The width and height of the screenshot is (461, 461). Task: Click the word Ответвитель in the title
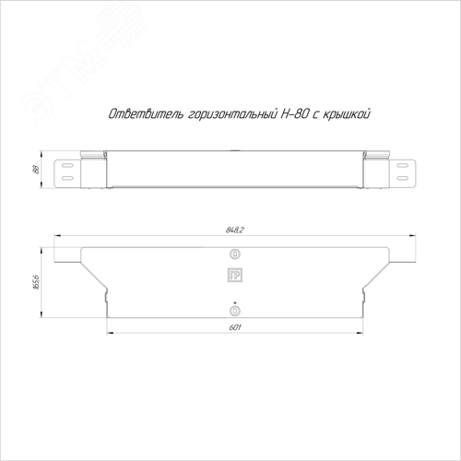tap(147, 114)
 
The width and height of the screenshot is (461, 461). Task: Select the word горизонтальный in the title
tap(231, 114)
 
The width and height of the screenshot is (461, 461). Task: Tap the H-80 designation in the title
tap(294, 114)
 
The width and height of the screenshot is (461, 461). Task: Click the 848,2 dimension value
tap(234, 230)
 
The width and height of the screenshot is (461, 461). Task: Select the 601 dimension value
tap(235, 327)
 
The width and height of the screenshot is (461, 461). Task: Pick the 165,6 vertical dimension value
tap(36, 282)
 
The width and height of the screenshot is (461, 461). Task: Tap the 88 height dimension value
tap(36, 170)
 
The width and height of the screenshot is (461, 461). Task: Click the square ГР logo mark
tap(235, 276)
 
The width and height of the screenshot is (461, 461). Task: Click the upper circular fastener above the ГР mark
tap(235, 254)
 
